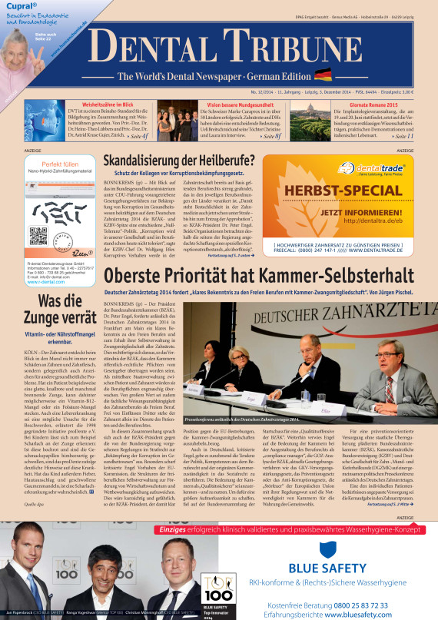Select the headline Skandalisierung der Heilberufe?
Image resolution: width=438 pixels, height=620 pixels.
coord(179,160)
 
